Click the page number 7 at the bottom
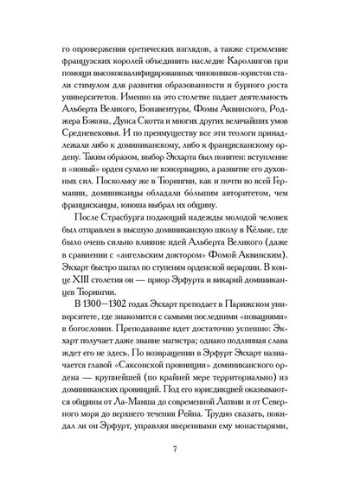click(x=180, y=448)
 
